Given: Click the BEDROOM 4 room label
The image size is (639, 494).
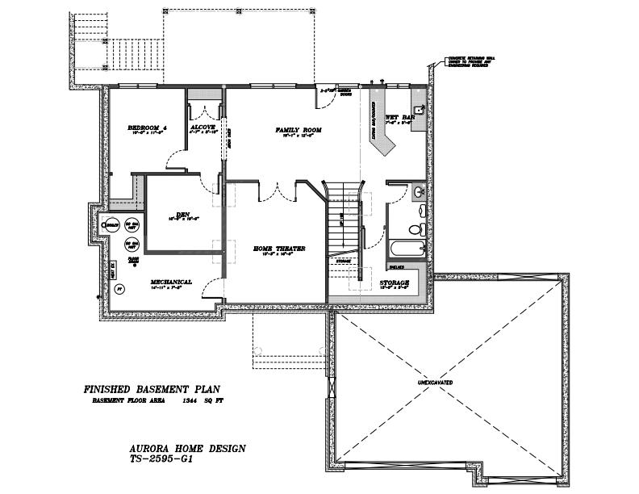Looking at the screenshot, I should point(146,128).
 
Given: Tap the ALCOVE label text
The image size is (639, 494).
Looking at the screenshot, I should point(202,128).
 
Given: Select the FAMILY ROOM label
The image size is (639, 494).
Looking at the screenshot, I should point(298,130).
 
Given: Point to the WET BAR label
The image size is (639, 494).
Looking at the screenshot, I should point(399,117).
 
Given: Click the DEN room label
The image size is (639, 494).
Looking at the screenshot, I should point(183,214).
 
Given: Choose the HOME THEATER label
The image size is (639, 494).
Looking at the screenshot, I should point(278,249).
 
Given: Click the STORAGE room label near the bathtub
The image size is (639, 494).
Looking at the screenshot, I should point(395,283).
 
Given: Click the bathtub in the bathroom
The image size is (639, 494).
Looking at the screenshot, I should point(406,249).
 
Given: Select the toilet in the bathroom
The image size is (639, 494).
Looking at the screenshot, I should point(416,228).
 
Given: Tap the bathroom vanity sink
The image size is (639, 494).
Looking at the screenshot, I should point(418,192).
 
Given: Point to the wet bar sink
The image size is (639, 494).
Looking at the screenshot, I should point(417,107).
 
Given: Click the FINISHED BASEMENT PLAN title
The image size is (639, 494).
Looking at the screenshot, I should point(152,389).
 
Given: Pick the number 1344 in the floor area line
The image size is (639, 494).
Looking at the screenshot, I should point(190,401).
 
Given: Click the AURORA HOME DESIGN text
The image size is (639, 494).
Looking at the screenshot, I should point(187,447).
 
